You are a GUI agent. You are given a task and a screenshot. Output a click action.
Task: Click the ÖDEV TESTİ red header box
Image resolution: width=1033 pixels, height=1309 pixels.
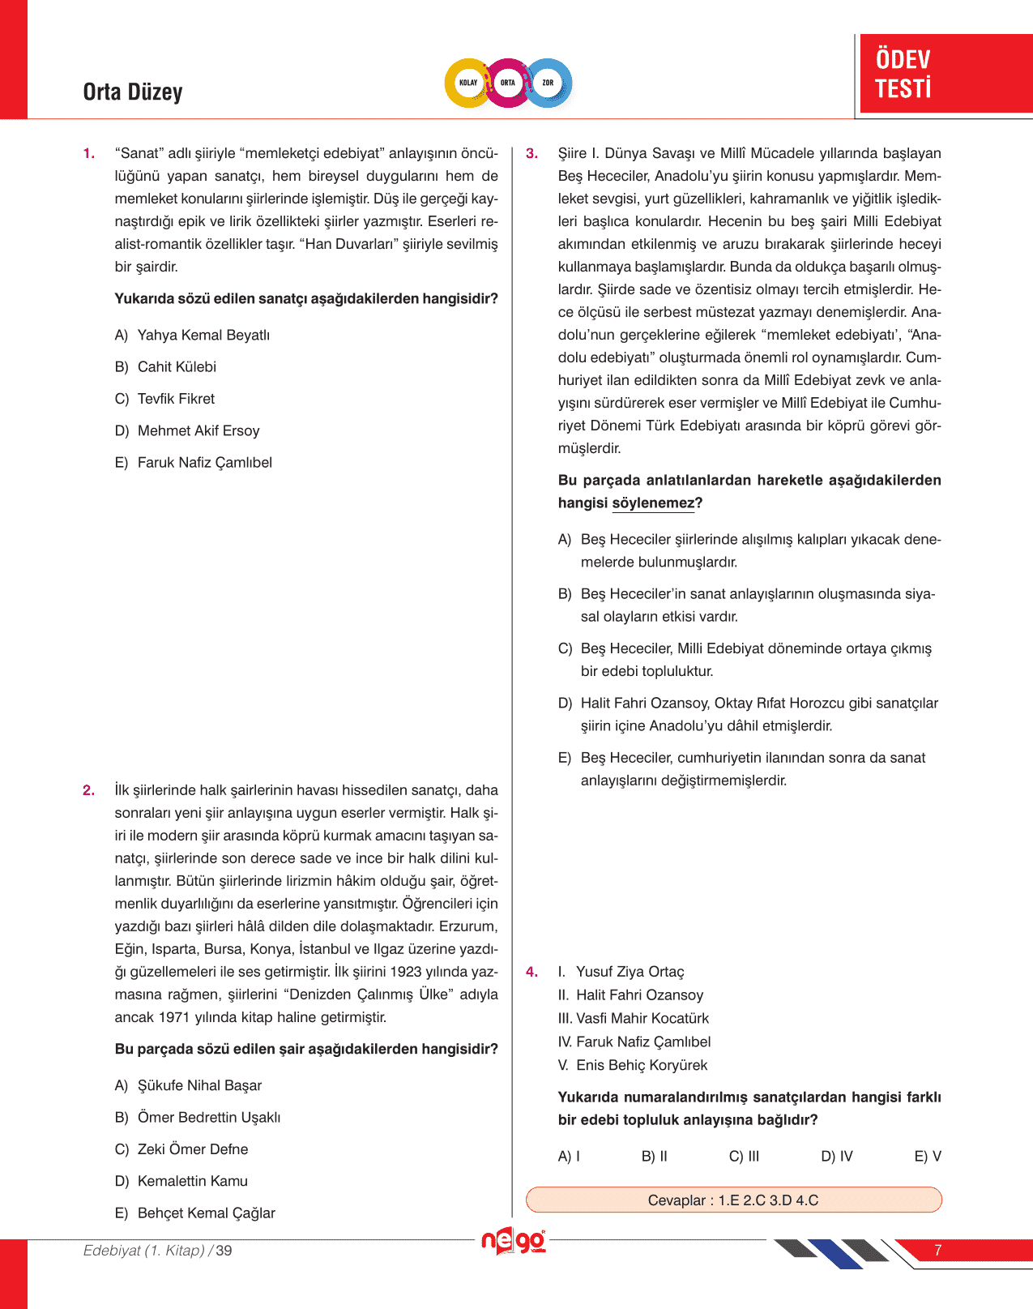point(945,74)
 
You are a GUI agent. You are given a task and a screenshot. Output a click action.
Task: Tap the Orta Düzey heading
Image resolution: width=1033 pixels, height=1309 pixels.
point(133,92)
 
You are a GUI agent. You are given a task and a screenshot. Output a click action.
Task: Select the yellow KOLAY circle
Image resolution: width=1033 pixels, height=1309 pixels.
point(468,83)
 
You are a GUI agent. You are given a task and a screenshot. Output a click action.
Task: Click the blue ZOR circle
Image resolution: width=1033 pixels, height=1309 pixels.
point(549,83)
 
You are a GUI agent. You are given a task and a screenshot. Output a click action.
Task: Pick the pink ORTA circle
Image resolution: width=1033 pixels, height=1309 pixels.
point(508,83)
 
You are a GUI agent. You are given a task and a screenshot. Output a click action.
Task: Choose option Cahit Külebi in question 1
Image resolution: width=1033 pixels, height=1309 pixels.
point(176,367)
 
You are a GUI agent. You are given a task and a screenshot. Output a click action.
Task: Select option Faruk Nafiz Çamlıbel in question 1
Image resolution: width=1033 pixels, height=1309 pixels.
point(204,463)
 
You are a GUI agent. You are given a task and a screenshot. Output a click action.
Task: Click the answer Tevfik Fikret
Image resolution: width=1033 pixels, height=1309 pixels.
point(176,399)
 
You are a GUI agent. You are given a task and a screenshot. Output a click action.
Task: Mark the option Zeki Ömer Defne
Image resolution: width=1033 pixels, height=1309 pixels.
point(193,1149)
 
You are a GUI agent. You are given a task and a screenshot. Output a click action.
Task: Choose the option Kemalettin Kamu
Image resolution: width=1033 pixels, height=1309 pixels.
point(192,1181)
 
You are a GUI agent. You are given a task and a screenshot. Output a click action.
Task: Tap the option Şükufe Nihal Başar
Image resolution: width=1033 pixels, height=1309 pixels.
point(199,1085)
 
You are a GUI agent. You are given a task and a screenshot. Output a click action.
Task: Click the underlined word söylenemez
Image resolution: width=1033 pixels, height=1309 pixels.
point(653,503)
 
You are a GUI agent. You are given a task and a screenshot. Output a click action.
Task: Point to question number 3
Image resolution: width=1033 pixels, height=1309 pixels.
point(531,153)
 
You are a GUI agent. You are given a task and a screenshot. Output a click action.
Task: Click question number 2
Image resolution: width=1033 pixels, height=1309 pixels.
point(88,790)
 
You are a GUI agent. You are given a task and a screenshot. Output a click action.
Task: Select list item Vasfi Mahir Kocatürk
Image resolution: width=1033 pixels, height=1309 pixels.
point(642,1019)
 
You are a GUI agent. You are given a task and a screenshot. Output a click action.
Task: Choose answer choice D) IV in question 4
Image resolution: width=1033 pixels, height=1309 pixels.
point(837,1157)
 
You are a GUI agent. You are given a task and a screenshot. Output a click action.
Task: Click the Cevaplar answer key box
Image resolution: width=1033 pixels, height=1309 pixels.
point(733,1200)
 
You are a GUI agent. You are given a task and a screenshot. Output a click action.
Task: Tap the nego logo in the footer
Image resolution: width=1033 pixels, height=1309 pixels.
point(513,1242)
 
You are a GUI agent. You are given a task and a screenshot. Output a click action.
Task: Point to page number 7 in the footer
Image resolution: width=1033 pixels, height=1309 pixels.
point(937,1251)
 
